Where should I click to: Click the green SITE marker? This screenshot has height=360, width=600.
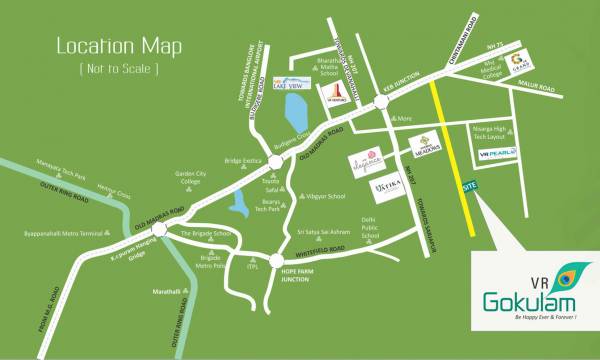click(469, 188)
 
